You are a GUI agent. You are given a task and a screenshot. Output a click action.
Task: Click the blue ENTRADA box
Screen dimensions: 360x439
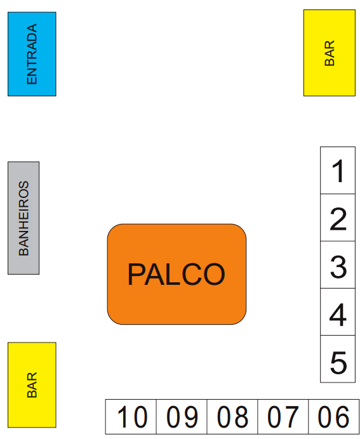(x=32, y=54)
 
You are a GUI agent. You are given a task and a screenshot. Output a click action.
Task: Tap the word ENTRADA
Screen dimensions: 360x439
(x=32, y=54)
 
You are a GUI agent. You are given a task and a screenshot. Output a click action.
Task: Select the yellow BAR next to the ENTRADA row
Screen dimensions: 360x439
(x=330, y=53)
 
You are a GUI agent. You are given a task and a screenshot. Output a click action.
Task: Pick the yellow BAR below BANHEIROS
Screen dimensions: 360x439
(x=32, y=385)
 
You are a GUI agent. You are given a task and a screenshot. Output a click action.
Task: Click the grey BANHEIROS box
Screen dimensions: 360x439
(x=23, y=218)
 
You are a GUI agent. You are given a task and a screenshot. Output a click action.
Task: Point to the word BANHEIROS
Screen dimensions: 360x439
(x=23, y=218)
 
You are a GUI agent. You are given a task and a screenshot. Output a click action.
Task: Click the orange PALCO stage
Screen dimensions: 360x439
(x=177, y=274)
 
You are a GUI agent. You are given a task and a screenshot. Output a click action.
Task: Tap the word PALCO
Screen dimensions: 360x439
(x=177, y=274)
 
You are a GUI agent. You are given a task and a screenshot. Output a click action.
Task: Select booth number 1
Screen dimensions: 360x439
(x=338, y=170)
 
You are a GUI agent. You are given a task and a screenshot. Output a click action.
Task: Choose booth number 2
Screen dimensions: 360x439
(x=338, y=218)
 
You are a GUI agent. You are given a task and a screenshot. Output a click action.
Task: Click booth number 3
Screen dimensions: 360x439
(x=338, y=265)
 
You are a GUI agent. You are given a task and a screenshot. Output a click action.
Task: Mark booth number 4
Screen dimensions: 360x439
(x=338, y=311)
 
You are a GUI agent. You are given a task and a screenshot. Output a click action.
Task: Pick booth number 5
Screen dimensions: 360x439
(x=338, y=358)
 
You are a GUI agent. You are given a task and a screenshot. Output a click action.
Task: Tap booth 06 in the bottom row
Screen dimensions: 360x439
(x=334, y=417)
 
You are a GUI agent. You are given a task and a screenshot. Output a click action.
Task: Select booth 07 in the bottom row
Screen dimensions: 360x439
(x=283, y=417)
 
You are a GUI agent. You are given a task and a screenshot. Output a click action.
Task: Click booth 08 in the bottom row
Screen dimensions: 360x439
(x=232, y=417)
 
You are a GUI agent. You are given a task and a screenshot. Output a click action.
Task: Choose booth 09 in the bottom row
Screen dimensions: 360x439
(x=182, y=417)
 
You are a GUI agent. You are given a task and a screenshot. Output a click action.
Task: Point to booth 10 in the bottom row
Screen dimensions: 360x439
(x=131, y=417)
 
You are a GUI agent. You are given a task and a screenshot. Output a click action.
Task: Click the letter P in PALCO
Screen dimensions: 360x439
(x=136, y=274)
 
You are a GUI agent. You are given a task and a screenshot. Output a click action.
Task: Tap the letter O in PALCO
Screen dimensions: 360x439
(x=215, y=274)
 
